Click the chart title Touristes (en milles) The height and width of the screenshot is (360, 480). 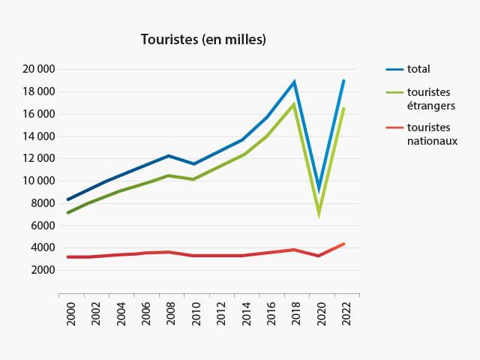click(203, 39)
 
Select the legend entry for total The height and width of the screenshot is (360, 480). click(418, 69)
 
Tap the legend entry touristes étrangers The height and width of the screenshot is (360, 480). click(428, 99)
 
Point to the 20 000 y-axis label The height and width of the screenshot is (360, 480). click(38, 70)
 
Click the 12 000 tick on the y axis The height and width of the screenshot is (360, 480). click(38, 158)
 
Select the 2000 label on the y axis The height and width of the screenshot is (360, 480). click(43, 270)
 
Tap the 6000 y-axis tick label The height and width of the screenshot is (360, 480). click(43, 225)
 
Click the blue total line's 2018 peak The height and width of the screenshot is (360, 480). click(294, 82)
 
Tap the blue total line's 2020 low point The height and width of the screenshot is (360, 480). click(319, 190)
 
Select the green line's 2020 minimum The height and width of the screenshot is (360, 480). click(319, 212)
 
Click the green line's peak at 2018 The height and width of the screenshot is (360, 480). click(294, 104)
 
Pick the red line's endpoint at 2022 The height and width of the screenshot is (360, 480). click(343, 244)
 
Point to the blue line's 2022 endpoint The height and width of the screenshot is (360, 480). click(343, 81)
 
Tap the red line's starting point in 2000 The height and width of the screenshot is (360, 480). click(68, 256)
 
